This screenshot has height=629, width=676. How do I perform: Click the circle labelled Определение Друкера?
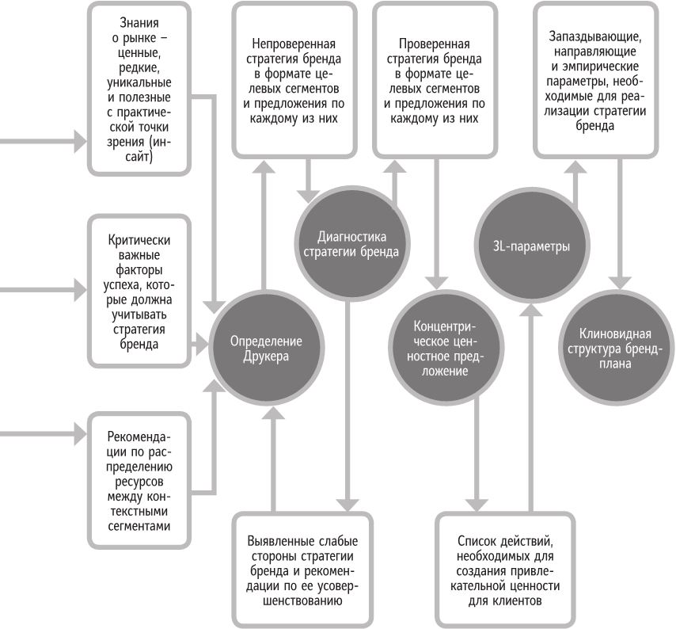tap(266, 348)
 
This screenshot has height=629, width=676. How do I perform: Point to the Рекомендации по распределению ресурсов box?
tap(139, 480)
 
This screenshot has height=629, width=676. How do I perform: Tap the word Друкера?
tap(266, 356)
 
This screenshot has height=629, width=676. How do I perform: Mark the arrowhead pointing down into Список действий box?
tap(475, 505)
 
